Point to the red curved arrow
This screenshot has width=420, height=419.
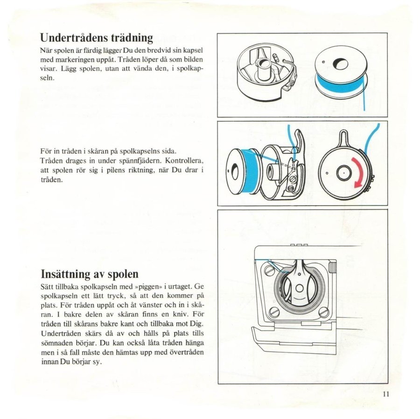click(360, 171)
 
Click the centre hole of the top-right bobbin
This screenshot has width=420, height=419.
click(339, 64)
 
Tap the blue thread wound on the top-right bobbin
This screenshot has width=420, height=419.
click(338, 85)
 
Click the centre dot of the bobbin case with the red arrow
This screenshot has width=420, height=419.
click(343, 172)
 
